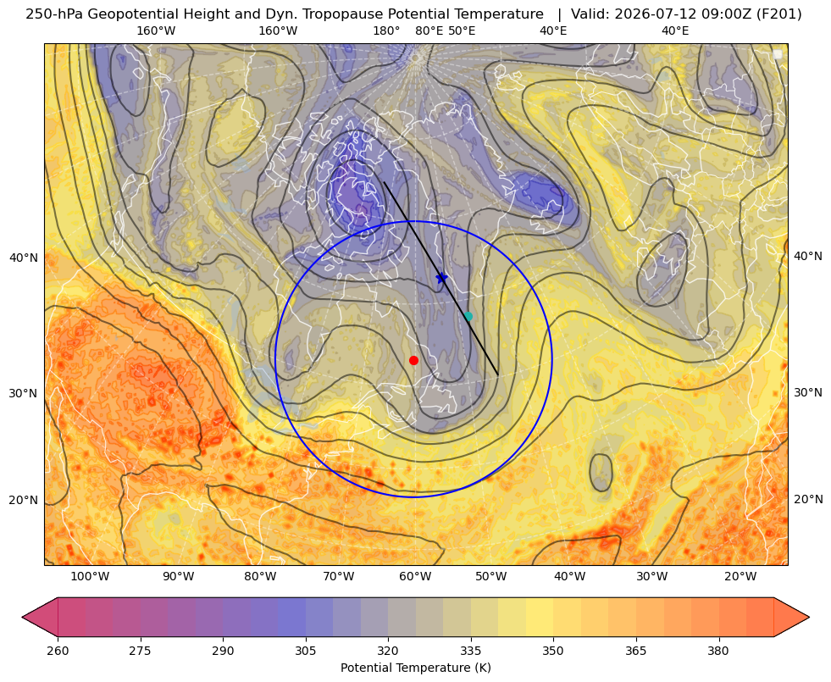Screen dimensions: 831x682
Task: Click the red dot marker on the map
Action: (414, 360)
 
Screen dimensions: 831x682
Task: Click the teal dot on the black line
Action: (468, 316)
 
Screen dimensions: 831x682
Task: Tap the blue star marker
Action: (441, 278)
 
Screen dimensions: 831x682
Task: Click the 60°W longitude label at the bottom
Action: (415, 577)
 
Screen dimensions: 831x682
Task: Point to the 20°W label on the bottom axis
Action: (740, 577)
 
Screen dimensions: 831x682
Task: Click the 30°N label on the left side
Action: (24, 393)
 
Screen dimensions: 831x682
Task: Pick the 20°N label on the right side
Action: (808, 499)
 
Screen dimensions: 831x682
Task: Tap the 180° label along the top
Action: (386, 30)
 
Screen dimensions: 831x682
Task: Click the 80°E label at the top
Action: (429, 30)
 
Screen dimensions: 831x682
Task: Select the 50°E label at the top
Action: (462, 30)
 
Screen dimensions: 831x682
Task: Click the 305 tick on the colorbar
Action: (306, 651)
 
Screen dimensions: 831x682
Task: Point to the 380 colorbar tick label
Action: (718, 651)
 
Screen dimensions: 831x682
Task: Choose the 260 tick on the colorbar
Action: (58, 651)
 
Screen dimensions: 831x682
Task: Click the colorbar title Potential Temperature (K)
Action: (415, 668)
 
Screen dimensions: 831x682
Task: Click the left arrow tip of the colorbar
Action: (22, 617)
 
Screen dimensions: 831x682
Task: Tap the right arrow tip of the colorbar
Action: (809, 617)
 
